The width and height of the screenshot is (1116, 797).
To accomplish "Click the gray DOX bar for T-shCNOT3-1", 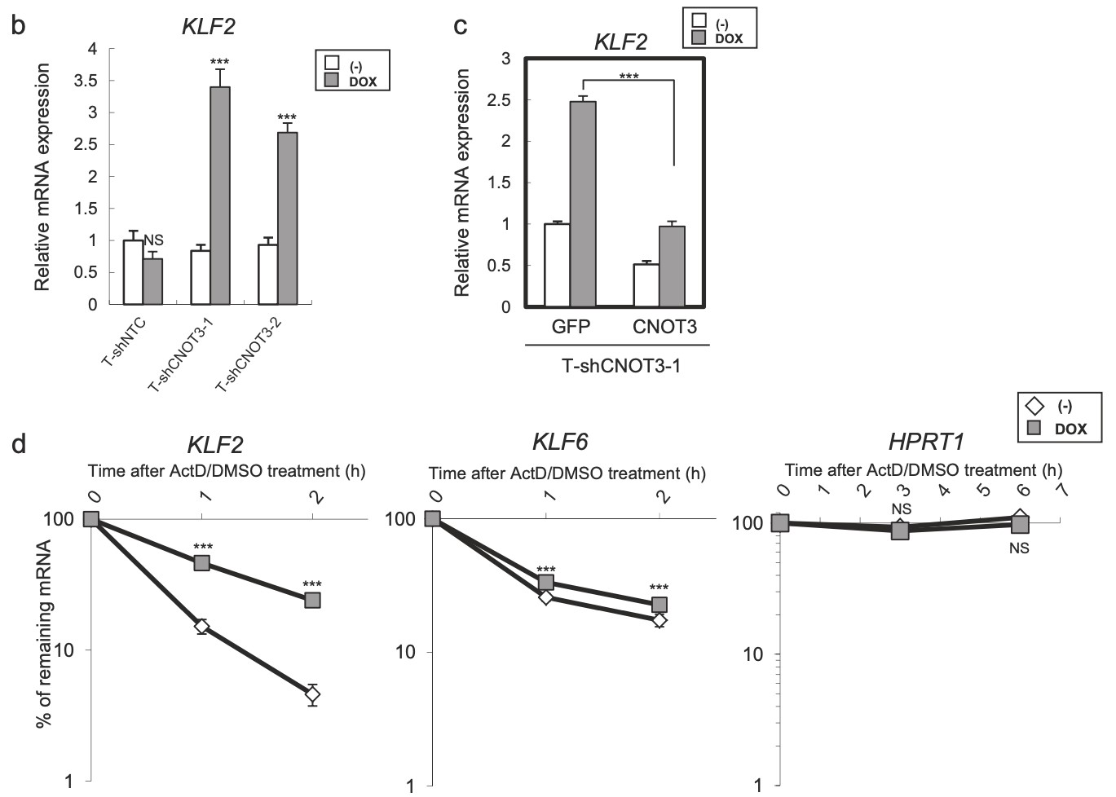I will (219, 196).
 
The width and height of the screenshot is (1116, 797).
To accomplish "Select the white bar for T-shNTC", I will (133, 272).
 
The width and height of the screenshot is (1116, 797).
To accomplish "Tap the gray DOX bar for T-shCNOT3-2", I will (287, 218).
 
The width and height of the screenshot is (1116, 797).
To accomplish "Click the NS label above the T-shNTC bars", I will (153, 240).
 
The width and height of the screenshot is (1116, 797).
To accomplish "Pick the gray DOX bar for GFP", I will (583, 204).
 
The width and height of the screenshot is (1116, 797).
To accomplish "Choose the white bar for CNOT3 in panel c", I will (646, 285).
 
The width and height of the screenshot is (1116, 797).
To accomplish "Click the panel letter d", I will (18, 445).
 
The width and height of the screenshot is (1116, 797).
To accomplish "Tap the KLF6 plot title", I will (560, 443).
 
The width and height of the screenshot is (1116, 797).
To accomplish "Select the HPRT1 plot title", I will (926, 443).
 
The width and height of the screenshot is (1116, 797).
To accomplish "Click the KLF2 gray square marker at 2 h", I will (312, 600).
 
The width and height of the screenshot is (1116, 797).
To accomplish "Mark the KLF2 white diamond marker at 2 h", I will (312, 694).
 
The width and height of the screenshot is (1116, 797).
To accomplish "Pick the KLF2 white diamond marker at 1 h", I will (201, 626).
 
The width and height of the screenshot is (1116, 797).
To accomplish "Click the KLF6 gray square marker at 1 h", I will (546, 582).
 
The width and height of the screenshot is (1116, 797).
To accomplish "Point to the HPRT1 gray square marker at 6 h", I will (1020, 525).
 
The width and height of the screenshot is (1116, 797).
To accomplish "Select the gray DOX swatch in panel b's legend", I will (332, 81).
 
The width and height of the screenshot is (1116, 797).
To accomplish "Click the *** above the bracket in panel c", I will (629, 77).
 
